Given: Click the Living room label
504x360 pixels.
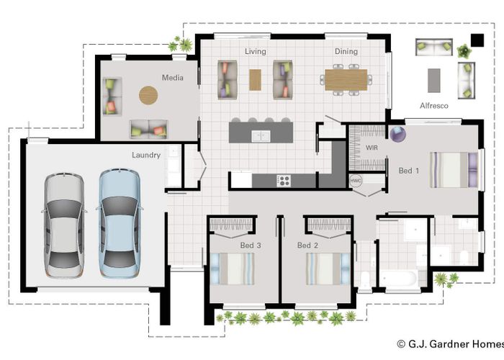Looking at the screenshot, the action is tap(256, 51).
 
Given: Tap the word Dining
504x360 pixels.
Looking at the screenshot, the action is tap(346, 51).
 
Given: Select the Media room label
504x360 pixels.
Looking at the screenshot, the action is tap(173, 78).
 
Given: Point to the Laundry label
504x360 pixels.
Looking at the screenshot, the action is tap(146, 155).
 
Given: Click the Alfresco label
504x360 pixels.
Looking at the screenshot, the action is tap(434, 105).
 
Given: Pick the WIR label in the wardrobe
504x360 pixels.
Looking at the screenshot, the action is tap(372, 148).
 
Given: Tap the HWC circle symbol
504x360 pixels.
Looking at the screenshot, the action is tap(356, 181).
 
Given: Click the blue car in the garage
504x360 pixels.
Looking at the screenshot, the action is tap(120, 223).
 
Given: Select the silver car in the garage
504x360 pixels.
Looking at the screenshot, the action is tap(64, 225).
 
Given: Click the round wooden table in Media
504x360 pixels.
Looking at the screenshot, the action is tap(148, 95).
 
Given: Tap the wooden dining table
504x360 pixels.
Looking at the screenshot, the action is tap(346, 80).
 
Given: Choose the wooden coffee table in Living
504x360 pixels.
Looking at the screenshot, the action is tap(255, 80).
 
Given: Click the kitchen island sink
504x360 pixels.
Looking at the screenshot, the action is tap(261, 136).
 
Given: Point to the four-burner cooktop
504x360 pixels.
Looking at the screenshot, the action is tap(284, 181).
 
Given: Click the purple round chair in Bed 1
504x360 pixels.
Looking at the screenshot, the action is tap(397, 135).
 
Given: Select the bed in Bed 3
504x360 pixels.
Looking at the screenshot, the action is tap(233, 269).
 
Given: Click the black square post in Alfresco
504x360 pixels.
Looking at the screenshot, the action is tap(477, 40).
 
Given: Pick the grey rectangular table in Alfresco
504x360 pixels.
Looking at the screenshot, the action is tap(434, 81).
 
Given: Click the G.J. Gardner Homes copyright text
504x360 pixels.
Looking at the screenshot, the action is tap(450, 344).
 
